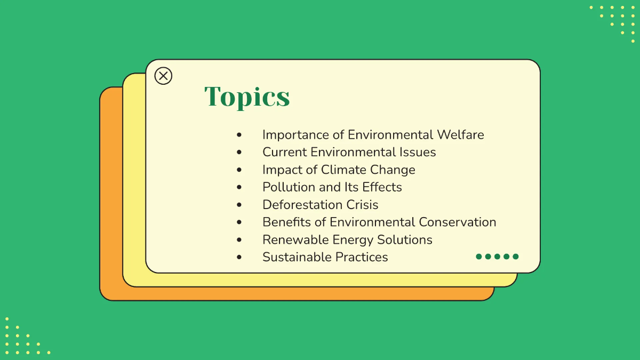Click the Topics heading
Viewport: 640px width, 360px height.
click(247, 97)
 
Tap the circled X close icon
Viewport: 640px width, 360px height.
click(163, 76)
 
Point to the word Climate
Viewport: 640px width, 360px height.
click(342, 170)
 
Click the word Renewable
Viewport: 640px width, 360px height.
click(295, 240)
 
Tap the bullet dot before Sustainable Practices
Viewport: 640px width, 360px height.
click(239, 258)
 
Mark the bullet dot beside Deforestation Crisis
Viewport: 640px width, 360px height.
click(239, 205)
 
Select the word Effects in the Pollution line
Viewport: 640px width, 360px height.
click(382, 187)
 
